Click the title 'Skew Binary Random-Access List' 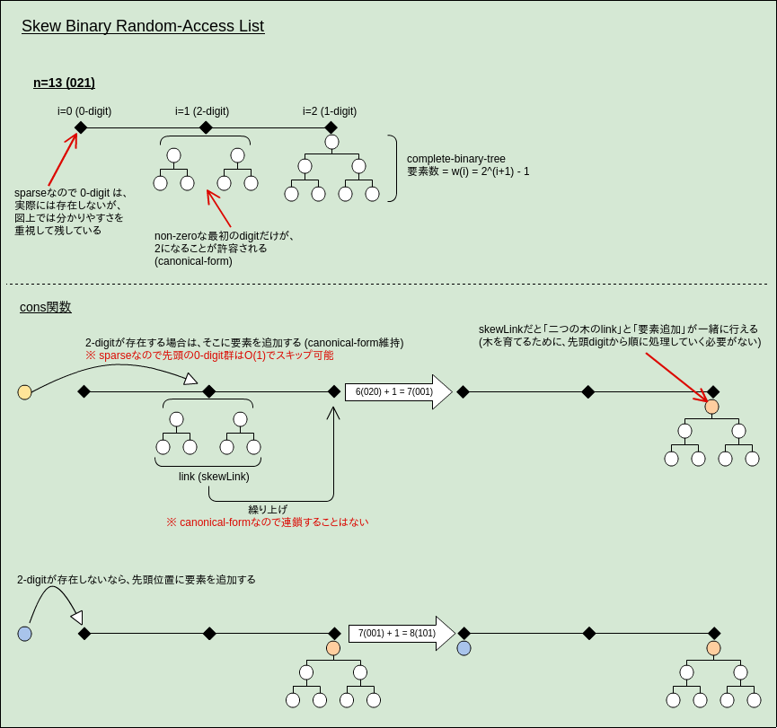coord(143,26)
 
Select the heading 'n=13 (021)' coord(64,83)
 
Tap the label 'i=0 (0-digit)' coord(84,111)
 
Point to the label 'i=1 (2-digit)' coord(202,111)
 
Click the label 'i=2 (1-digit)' coord(330,111)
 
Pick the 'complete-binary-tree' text coord(456,159)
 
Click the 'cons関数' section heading coord(46,307)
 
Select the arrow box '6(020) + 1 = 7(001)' coord(395,392)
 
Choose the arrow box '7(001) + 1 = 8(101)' coord(398,633)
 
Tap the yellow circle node coord(24,392)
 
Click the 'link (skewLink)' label coord(214,477)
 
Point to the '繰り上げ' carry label coord(268,509)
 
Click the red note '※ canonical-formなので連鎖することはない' coord(267,522)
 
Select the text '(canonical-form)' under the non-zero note coord(193,261)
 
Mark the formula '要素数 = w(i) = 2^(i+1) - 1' coord(468,171)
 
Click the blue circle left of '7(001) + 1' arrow coord(24,634)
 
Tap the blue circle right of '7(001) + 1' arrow coord(464,648)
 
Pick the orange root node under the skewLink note coord(711,407)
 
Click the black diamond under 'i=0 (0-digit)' coord(81,127)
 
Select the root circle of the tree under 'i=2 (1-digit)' coord(331,142)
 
